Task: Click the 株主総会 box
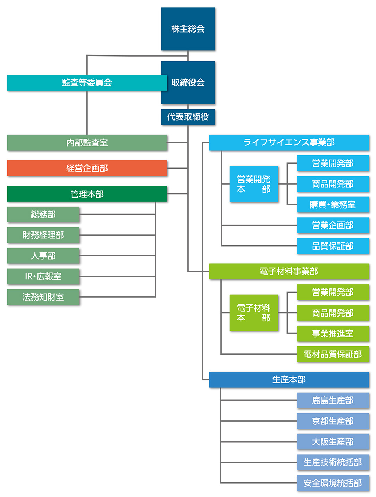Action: coord(188,29)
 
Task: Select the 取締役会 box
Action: coord(188,83)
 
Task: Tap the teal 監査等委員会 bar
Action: coord(87,83)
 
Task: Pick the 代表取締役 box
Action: coord(188,117)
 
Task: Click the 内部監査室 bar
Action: coord(87,143)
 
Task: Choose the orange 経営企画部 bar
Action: coord(87,168)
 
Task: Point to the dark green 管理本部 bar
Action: coord(87,194)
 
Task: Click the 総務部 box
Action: coord(43,214)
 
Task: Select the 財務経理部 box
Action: coord(43,235)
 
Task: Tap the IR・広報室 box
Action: coord(43,276)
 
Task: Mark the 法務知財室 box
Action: coord(43,297)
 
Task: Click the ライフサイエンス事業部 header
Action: coord(289,143)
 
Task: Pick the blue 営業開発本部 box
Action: coord(254,184)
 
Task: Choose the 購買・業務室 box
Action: coord(333,205)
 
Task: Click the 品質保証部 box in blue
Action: coord(333,246)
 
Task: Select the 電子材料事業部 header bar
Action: coord(289,271)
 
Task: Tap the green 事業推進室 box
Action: coord(333,334)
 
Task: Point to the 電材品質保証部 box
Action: coord(333,354)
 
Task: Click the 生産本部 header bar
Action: coord(289,380)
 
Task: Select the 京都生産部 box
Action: coord(333,421)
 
